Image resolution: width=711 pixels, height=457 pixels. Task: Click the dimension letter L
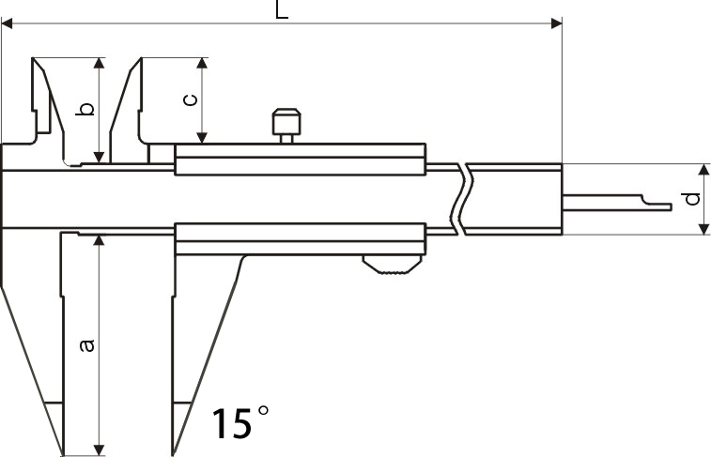click(282, 9)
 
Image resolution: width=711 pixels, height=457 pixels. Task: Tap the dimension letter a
click(86, 345)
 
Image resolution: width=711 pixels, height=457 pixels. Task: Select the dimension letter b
click(85, 109)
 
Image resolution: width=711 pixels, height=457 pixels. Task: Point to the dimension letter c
click(191, 99)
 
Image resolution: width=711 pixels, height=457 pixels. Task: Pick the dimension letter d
click(691, 199)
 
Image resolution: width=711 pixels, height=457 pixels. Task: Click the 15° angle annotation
click(240, 422)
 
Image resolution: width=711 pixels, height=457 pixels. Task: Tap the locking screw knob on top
click(286, 126)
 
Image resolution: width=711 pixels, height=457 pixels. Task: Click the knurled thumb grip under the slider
click(392, 265)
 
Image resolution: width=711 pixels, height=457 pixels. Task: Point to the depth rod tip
click(671, 207)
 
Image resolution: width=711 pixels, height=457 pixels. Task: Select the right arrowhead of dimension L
click(556, 23)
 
